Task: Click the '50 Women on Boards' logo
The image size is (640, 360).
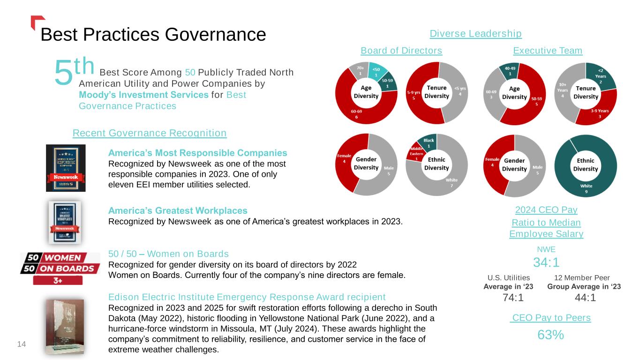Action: tap(60, 268)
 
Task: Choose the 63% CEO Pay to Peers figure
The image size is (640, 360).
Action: tap(550, 335)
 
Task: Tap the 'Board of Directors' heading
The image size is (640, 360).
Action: tap(401, 51)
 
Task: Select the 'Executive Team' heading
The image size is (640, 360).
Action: tap(548, 51)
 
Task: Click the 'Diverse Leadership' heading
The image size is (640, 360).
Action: tap(475, 34)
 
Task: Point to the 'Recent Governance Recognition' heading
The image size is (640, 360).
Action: tap(150, 133)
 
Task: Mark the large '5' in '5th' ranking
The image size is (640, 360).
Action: tap(63, 74)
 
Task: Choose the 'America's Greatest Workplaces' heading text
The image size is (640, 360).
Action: tap(178, 210)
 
